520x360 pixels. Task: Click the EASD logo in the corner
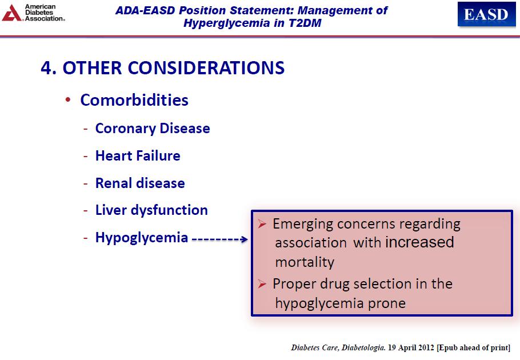click(x=486, y=14)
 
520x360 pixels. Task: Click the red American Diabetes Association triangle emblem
click(x=11, y=13)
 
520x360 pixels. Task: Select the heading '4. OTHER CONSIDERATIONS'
click(x=162, y=68)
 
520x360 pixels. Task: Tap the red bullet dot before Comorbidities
click(x=68, y=100)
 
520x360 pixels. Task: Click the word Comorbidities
click(x=134, y=100)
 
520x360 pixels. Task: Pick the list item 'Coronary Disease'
click(x=153, y=129)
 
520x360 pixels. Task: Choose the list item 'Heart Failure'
click(x=138, y=155)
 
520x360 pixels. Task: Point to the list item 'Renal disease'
click(x=140, y=183)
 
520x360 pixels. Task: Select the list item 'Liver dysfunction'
click(x=151, y=210)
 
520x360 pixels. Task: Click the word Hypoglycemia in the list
click(x=142, y=238)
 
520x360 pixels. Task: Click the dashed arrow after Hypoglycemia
click(x=220, y=239)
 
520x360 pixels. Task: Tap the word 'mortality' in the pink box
click(x=305, y=262)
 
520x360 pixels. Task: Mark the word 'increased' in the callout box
click(x=419, y=242)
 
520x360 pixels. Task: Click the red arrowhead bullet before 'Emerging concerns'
click(x=262, y=224)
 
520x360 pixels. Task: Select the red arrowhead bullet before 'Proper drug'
click(x=262, y=284)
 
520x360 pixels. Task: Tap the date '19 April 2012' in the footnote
click(x=411, y=347)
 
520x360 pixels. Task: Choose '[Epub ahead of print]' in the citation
click(x=474, y=348)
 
